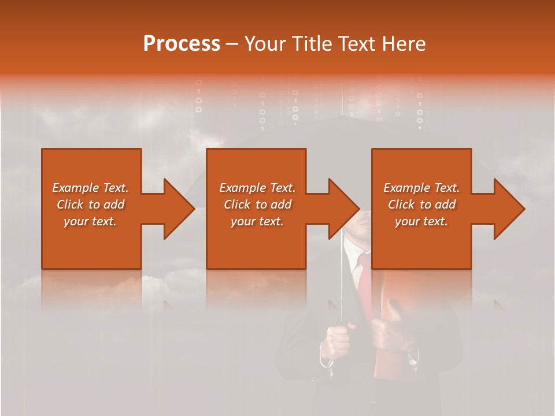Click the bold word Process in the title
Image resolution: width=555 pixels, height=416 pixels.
tap(182, 44)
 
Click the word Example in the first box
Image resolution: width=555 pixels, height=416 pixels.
tap(75, 188)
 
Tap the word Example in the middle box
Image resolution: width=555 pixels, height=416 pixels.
tap(242, 188)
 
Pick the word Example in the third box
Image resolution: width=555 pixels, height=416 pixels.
tap(406, 188)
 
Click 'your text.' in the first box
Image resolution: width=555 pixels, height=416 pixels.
tap(90, 221)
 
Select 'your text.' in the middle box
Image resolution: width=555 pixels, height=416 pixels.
tap(257, 221)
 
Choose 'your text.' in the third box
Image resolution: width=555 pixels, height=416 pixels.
tap(421, 221)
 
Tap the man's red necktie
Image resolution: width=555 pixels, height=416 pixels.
tap(365, 283)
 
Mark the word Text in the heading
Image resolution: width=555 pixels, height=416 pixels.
tap(357, 44)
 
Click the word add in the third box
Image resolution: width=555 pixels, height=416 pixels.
tap(445, 205)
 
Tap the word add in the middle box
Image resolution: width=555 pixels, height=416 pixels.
tap(281, 205)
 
